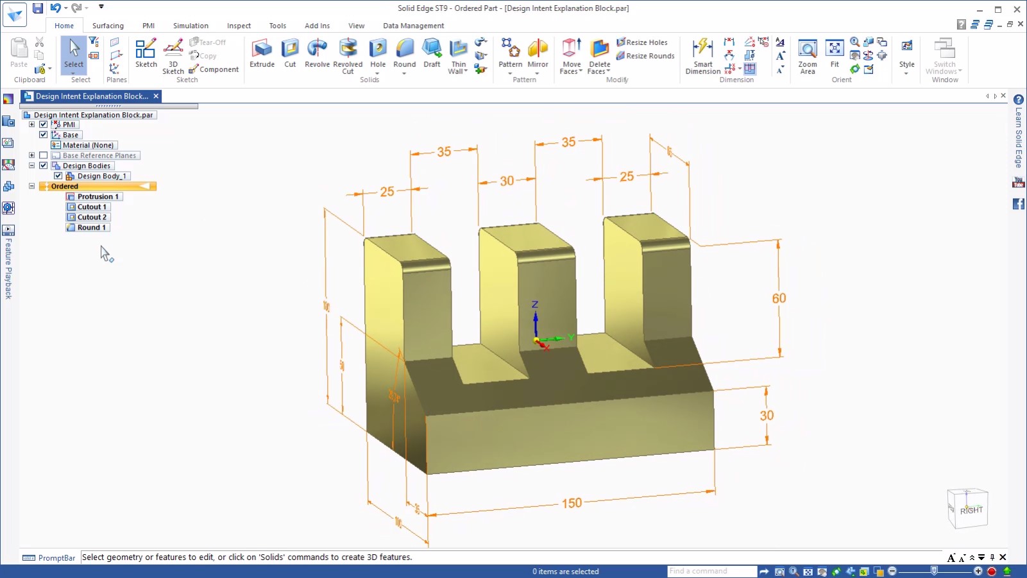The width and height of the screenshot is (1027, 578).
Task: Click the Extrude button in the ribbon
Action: point(262,53)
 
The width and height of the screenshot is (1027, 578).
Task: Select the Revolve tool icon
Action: point(317,53)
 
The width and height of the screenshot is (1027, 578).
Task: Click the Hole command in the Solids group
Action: point(378,53)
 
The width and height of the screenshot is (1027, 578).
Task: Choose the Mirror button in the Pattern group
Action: point(538,53)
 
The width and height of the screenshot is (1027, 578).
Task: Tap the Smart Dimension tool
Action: point(702,55)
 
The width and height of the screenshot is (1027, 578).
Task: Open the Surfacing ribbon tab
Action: point(108,26)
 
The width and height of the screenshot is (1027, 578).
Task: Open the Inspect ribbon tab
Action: point(239,26)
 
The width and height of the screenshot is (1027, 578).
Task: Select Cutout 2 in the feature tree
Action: point(92,217)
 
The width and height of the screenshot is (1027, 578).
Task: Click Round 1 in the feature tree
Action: point(91,227)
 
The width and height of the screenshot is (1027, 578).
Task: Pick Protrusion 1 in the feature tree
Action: point(98,196)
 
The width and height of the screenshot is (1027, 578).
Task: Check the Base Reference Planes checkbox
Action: point(44,155)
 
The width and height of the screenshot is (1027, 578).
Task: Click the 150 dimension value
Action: point(572,503)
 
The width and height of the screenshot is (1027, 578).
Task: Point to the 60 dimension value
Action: point(779,298)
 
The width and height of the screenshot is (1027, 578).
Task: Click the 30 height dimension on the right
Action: point(767,415)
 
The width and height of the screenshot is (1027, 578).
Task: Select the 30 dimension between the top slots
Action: point(507,181)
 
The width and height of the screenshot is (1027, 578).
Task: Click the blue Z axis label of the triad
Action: point(535,305)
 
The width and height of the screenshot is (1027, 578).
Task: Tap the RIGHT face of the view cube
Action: point(971,510)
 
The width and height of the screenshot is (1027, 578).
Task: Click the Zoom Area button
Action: point(807,55)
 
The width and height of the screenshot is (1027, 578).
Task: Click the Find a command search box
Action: point(711,571)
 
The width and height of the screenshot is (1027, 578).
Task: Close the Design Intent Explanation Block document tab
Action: point(156,96)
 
